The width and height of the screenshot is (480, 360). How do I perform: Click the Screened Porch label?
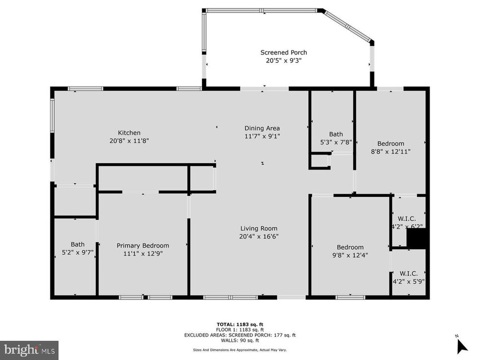[284, 52]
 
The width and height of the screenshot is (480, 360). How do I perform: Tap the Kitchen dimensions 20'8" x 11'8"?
[129, 141]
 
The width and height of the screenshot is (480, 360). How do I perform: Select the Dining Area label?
[262, 128]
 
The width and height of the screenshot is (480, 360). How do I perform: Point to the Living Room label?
[259, 228]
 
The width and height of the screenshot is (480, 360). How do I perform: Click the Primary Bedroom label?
[143, 245]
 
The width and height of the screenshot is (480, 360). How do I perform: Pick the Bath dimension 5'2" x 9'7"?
[77, 252]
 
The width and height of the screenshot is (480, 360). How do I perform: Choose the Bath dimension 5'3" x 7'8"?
[336, 142]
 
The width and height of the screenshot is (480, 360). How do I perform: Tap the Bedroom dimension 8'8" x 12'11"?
[391, 152]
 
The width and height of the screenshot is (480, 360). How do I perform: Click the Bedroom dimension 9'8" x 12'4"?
[350, 255]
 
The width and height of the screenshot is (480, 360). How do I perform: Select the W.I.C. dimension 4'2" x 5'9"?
[408, 281]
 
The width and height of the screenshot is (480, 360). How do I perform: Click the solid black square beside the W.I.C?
[416, 238]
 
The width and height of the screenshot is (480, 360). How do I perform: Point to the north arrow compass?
[462, 346]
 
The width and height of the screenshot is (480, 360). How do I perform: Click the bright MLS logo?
[29, 349]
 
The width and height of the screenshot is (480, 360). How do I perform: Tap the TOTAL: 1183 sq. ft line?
[240, 324]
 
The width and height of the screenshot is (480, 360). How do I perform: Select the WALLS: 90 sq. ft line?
[240, 340]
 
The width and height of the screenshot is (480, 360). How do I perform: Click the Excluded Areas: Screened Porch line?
[240, 335]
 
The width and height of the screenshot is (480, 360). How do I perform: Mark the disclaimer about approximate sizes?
[240, 349]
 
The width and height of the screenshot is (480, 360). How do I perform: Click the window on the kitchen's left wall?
[52, 115]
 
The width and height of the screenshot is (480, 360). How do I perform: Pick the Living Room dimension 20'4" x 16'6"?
[259, 236]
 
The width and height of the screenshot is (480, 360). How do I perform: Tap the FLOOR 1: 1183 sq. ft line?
[240, 330]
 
